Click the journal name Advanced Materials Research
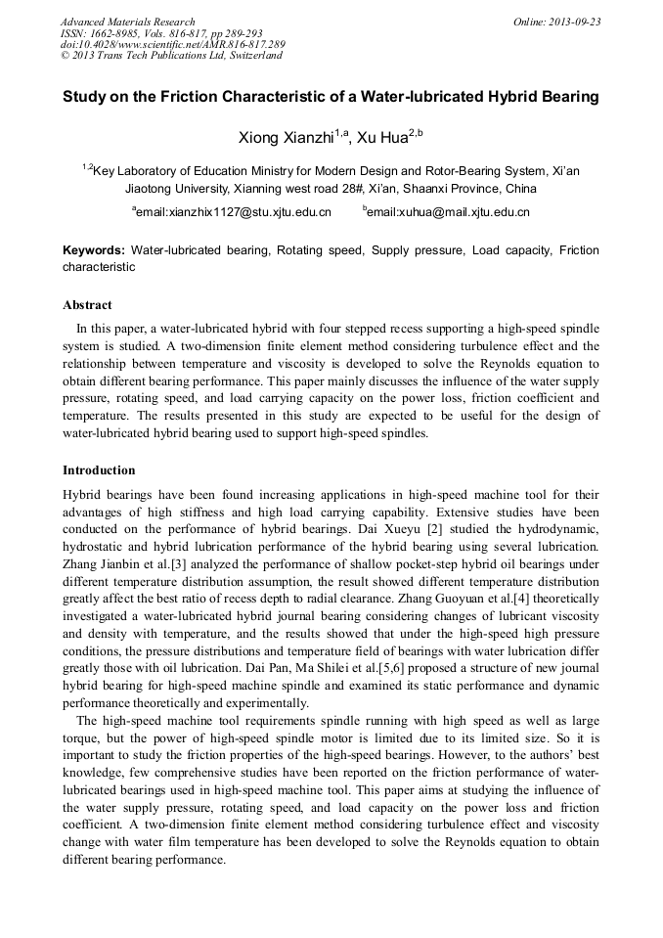coord(127,22)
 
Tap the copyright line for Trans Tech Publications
coord(171,56)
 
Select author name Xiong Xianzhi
coord(286,138)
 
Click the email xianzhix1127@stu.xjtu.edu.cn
coord(233,212)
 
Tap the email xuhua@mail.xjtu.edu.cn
coord(448,212)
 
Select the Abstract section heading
coord(87,305)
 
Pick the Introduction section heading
coord(99,470)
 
